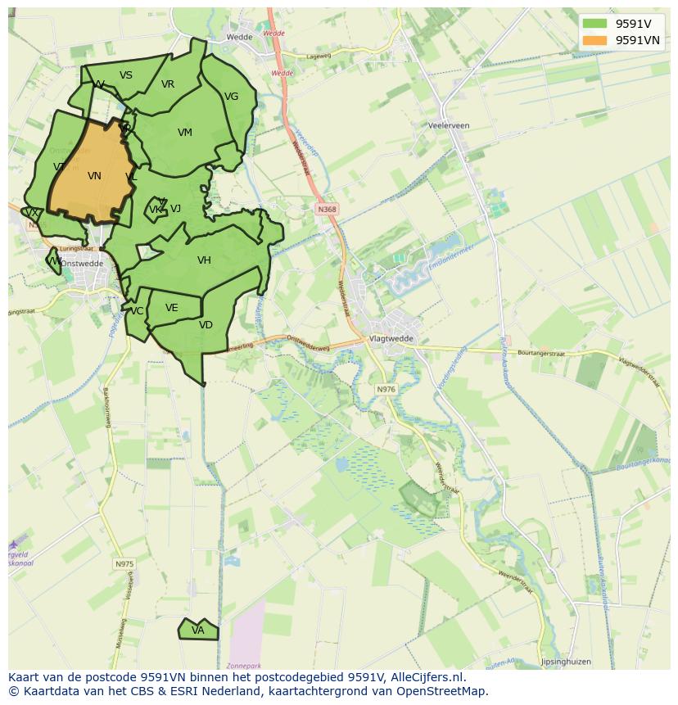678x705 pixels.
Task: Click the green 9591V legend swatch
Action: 595,24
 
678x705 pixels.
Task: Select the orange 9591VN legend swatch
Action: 595,40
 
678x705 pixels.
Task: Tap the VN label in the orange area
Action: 94,176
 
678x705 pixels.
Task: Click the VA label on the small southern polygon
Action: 197,630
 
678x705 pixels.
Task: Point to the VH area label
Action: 204,260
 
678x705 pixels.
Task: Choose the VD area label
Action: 206,325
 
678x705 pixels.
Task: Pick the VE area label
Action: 171,308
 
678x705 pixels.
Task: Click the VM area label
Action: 184,133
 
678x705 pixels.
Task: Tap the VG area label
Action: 231,97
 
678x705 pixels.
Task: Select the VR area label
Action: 167,84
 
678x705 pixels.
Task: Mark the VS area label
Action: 125,75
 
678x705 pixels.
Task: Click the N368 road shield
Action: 327,210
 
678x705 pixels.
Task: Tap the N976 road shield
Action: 386,389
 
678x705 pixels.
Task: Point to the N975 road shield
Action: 124,564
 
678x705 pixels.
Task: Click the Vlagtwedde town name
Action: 391,338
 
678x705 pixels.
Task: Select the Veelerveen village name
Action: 448,126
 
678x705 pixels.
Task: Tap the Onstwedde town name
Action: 82,264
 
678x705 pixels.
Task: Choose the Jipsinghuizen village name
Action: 565,662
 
